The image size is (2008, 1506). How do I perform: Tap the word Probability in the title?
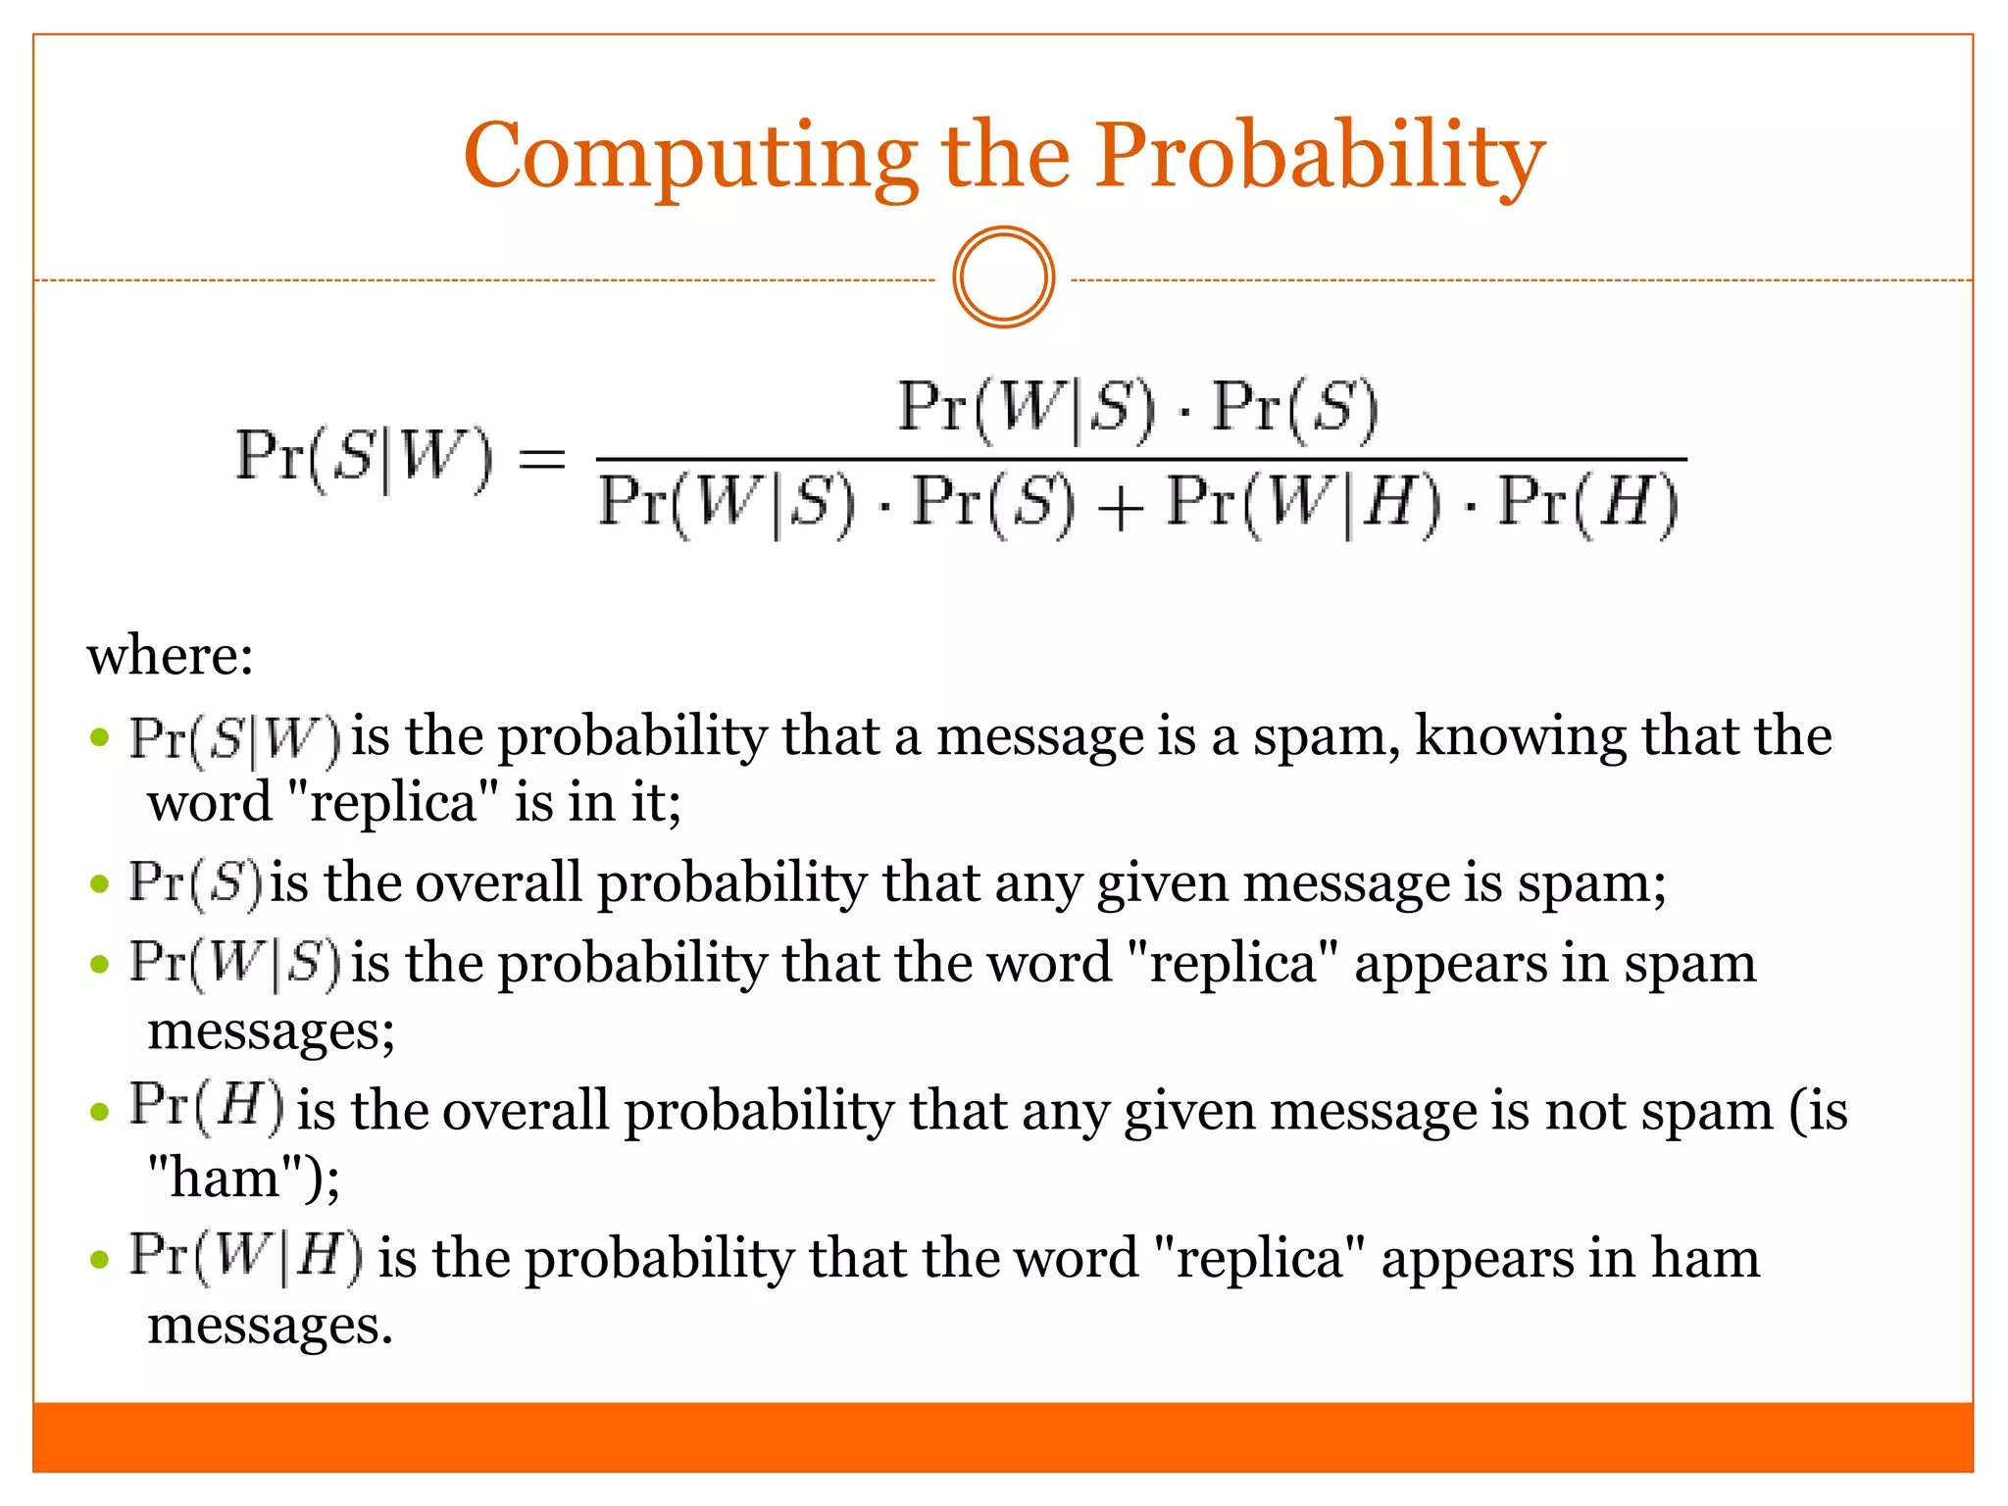pyautogui.click(x=1320, y=157)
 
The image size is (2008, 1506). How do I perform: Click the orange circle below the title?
pyautogui.click(x=1003, y=277)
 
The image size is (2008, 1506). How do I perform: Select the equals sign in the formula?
pyautogui.click(x=542, y=459)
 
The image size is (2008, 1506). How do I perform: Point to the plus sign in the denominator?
pyautogui.click(x=1120, y=507)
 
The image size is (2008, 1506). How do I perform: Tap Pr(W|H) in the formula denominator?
pyautogui.click(x=1304, y=504)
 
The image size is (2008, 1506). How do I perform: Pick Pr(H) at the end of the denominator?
pyautogui.click(x=1588, y=504)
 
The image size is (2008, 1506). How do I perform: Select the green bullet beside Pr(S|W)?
pyautogui.click(x=99, y=737)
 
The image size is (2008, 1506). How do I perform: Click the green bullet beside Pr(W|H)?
pyautogui.click(x=99, y=1259)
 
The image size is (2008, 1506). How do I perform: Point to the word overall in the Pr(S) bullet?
pyautogui.click(x=499, y=882)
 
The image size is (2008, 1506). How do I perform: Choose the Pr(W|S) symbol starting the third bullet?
pyautogui.click(x=235, y=963)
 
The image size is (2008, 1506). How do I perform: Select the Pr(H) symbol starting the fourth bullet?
pyautogui.click(x=207, y=1108)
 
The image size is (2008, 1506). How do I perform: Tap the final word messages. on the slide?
pyautogui.click(x=270, y=1326)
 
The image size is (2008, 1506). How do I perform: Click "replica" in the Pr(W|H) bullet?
pyautogui.click(x=1259, y=1259)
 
